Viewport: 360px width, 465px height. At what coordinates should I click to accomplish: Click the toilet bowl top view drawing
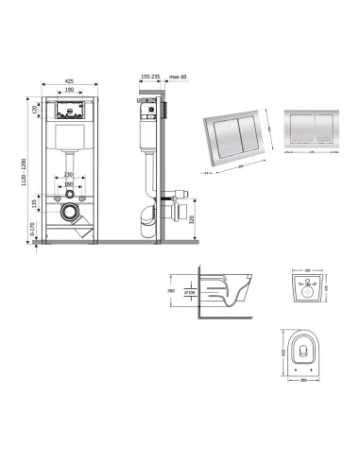300,353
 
